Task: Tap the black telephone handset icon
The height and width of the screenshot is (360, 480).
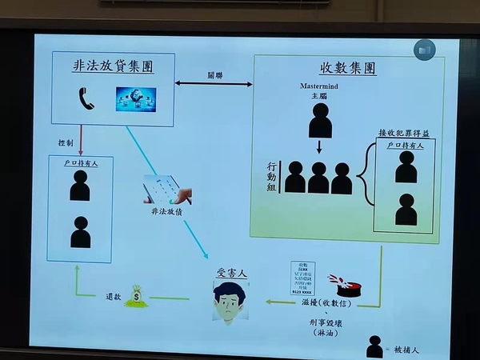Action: [x=86, y=98]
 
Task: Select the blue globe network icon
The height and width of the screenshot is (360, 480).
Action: [x=132, y=98]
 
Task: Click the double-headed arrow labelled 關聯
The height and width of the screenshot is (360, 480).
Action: [x=214, y=83]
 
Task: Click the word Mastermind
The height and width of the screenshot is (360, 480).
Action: [x=319, y=84]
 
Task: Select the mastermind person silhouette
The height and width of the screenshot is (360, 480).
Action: [x=320, y=120]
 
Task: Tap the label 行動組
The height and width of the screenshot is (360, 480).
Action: [x=273, y=178]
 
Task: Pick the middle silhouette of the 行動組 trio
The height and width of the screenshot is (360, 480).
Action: [x=318, y=178]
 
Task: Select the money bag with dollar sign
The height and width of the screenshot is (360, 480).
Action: [x=137, y=296]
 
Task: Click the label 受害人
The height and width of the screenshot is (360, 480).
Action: [x=231, y=274]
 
